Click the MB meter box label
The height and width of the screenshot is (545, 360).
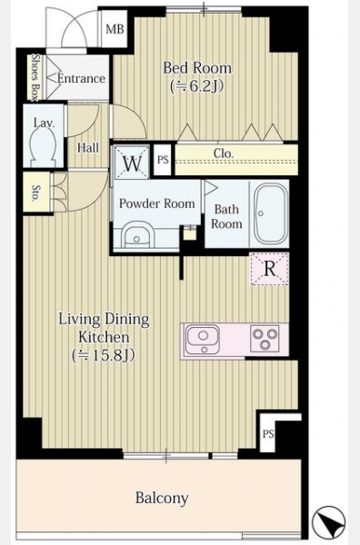coord(115,29)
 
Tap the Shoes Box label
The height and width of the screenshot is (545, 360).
coord(35,77)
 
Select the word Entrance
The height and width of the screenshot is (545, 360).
coord(81,78)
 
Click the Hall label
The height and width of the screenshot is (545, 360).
coord(88,148)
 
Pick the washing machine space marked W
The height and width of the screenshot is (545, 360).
coord(132,163)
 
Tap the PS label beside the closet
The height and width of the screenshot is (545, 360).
coord(163,160)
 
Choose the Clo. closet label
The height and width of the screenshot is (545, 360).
coord(224,154)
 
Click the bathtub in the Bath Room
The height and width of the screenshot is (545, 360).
coord(271,213)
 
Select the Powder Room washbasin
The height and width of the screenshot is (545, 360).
coord(136,237)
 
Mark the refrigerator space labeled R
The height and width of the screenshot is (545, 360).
coord(270,269)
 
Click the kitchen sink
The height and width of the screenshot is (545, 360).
coord(203,340)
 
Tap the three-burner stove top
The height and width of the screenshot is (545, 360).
coord(265,338)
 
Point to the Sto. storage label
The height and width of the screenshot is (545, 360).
coord(35,193)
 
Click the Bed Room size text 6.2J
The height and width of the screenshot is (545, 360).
coord(196,86)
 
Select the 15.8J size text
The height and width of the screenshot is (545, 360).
coord(104,355)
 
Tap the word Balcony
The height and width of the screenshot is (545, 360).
coord(162,498)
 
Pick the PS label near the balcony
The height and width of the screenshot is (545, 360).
coord(268,434)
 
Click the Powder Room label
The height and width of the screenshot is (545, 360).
coord(157,203)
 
